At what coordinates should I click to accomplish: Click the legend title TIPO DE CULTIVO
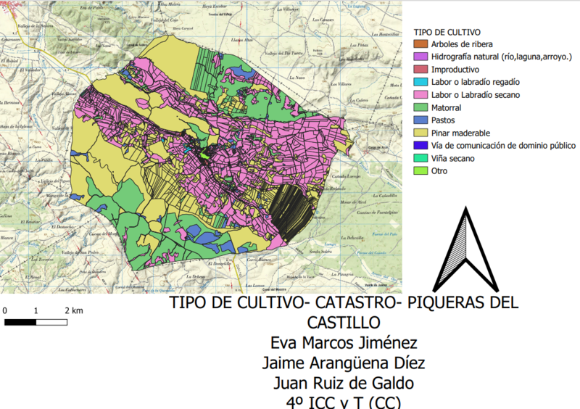click(x=447, y=33)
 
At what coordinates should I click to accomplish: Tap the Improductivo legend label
click(x=455, y=70)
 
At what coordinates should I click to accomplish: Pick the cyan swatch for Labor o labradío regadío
click(x=420, y=83)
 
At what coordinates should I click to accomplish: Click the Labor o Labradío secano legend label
click(x=475, y=95)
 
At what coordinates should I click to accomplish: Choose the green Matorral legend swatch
click(x=420, y=108)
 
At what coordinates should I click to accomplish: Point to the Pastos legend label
click(x=444, y=120)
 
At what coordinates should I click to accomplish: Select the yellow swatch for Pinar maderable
click(x=420, y=133)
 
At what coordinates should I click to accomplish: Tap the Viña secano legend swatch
click(x=420, y=159)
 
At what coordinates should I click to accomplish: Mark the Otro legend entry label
click(x=440, y=171)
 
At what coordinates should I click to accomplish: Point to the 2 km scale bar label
click(x=73, y=310)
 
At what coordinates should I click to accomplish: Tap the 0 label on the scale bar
click(x=6, y=310)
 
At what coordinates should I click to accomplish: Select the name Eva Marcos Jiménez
click(x=344, y=343)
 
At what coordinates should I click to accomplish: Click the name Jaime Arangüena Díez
click(x=344, y=363)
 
